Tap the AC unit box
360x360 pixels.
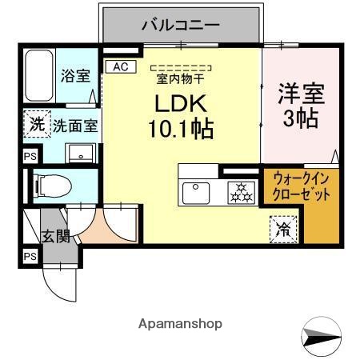tap(120, 67)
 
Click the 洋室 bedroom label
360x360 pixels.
tap(301, 94)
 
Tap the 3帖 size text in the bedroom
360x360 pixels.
tap(301, 119)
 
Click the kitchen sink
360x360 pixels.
tap(196, 192)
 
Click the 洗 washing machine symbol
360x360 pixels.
tap(36, 124)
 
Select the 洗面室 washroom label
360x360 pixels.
tap(75, 126)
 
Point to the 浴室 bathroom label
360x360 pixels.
tap(75, 77)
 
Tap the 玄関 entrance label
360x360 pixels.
tap(56, 236)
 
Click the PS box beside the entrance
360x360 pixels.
tap(30, 256)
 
